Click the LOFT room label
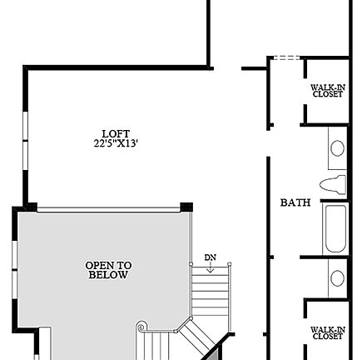(116, 133)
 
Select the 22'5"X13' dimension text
(116, 142)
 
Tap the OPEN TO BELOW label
(108, 270)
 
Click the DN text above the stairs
(210, 257)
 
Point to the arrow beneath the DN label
(210, 267)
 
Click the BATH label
(295, 202)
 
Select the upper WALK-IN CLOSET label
(327, 91)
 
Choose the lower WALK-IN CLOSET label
(327, 333)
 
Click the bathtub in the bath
(335, 227)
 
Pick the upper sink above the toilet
(337, 148)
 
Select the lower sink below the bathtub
(337, 277)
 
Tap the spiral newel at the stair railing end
(141, 327)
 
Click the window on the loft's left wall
(25, 133)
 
